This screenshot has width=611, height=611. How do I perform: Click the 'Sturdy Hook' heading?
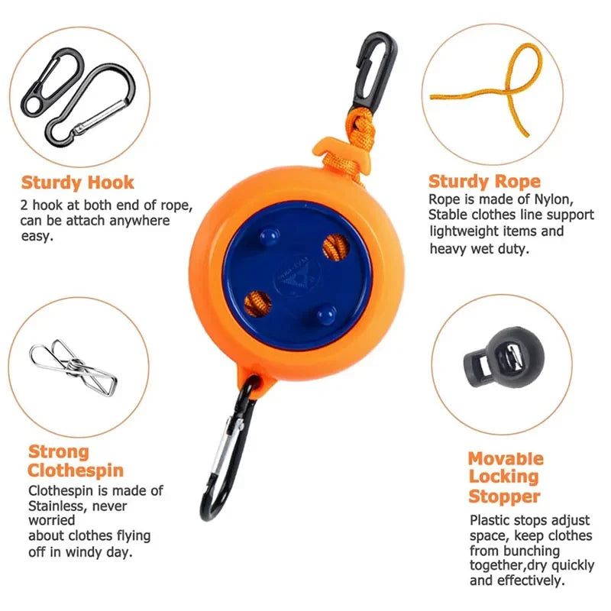point(78,183)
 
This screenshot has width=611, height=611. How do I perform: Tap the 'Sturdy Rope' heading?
point(484,182)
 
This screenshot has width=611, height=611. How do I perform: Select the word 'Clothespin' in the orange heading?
point(76,470)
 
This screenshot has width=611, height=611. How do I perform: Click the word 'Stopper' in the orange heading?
point(504,496)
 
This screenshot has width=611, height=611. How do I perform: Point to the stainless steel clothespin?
point(73,367)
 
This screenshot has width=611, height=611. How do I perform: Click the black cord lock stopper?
point(502,357)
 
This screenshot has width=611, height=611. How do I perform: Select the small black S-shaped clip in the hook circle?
point(52,82)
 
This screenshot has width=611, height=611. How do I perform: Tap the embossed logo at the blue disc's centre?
point(299,275)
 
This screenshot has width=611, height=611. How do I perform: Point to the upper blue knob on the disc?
point(270,236)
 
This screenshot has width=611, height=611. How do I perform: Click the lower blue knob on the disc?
point(326,314)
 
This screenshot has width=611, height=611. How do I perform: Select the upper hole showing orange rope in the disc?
point(335,247)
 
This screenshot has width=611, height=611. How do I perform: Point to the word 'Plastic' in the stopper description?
point(490,520)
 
